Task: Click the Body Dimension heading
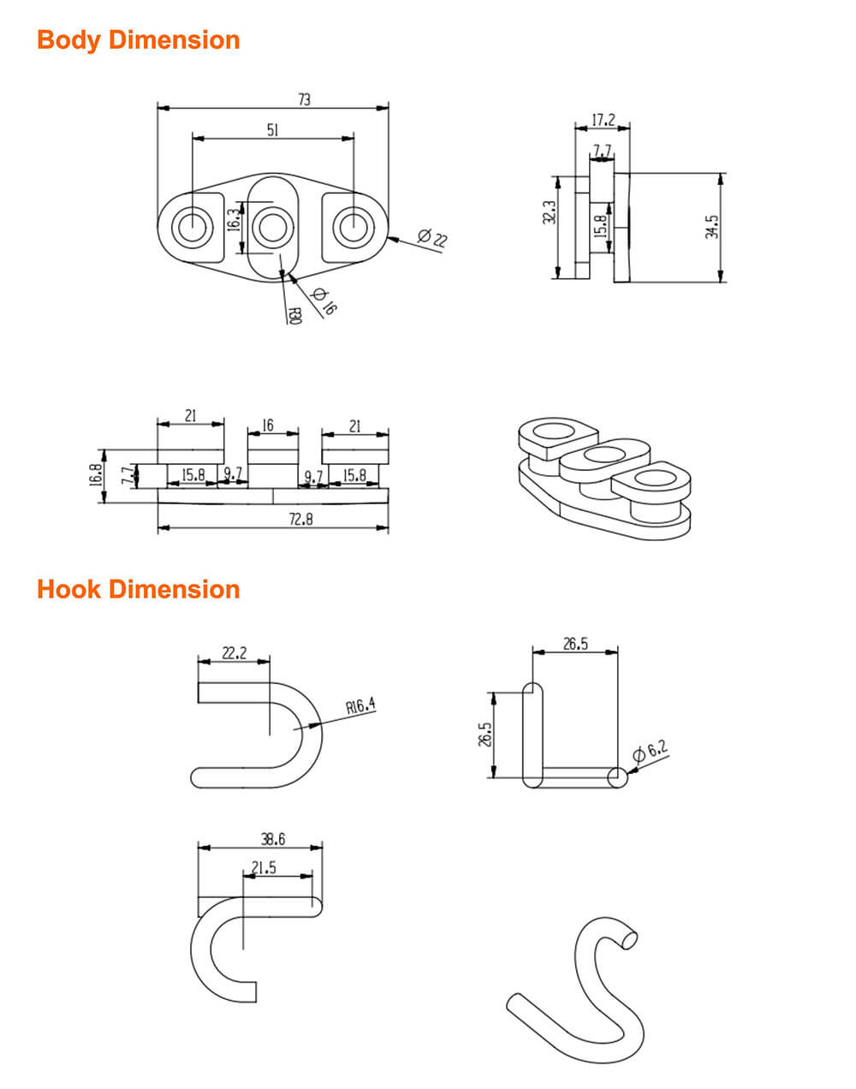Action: (138, 40)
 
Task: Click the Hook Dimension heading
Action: (138, 589)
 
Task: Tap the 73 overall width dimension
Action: (304, 99)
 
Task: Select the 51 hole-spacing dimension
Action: (272, 129)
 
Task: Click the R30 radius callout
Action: (294, 316)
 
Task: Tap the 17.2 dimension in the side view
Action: (603, 120)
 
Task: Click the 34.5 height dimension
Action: (712, 227)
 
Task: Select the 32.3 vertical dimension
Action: (550, 213)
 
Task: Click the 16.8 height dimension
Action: (95, 474)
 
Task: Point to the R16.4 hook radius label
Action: (360, 706)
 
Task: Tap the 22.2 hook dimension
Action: (234, 652)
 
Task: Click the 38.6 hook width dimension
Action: (272, 840)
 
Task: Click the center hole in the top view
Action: (273, 228)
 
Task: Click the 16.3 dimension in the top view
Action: (233, 221)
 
